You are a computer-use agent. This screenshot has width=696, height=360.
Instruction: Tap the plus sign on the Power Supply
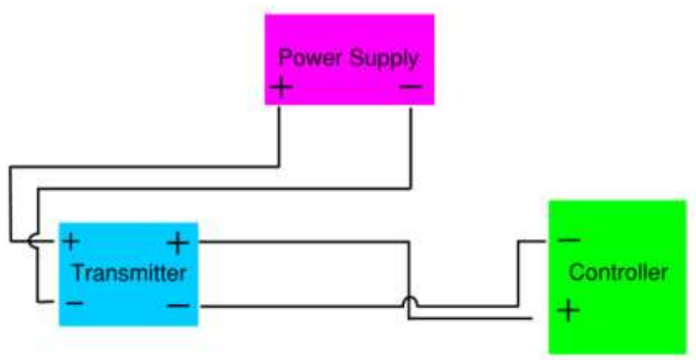point(281,87)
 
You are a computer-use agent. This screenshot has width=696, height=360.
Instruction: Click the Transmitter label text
point(128,273)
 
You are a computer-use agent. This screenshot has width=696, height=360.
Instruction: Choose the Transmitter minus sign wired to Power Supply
point(74,302)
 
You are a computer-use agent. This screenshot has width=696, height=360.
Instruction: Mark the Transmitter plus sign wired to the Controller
point(177,244)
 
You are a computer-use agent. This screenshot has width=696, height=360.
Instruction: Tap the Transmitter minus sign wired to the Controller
point(177,304)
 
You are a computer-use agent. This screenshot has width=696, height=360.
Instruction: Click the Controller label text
point(618,273)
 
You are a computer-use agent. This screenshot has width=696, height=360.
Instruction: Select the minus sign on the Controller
point(569,241)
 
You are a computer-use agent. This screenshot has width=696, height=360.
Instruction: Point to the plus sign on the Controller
point(568,310)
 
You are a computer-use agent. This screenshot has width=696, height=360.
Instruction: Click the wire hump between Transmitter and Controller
point(409,301)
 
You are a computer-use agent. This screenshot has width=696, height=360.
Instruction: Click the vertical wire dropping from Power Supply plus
point(279,136)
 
